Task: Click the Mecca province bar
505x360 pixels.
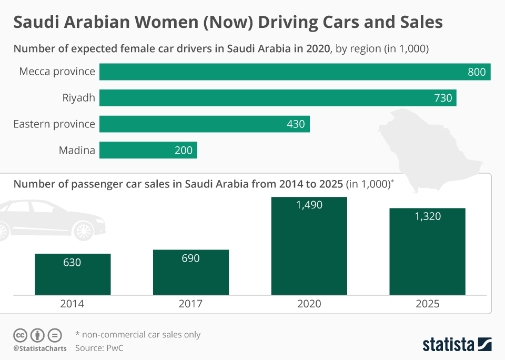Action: (x=295, y=72)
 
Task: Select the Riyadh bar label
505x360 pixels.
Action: (x=78, y=97)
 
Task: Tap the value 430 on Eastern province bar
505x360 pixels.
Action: (x=295, y=124)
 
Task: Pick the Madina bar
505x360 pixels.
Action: (x=148, y=150)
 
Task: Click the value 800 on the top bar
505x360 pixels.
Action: (x=477, y=72)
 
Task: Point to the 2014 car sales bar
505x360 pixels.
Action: (x=73, y=274)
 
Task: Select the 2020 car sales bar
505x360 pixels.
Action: (x=309, y=246)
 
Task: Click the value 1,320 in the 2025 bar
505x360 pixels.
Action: (x=427, y=216)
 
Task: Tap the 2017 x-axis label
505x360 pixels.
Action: (x=190, y=304)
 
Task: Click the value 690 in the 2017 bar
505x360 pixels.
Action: (x=190, y=258)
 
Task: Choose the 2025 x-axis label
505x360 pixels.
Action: (x=427, y=304)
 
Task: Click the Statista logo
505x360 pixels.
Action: (x=457, y=345)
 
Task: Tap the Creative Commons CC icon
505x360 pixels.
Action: (x=21, y=335)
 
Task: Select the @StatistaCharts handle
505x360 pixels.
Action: (x=40, y=348)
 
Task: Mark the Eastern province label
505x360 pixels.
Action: (x=54, y=124)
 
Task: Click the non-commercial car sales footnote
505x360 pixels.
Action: (x=138, y=335)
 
